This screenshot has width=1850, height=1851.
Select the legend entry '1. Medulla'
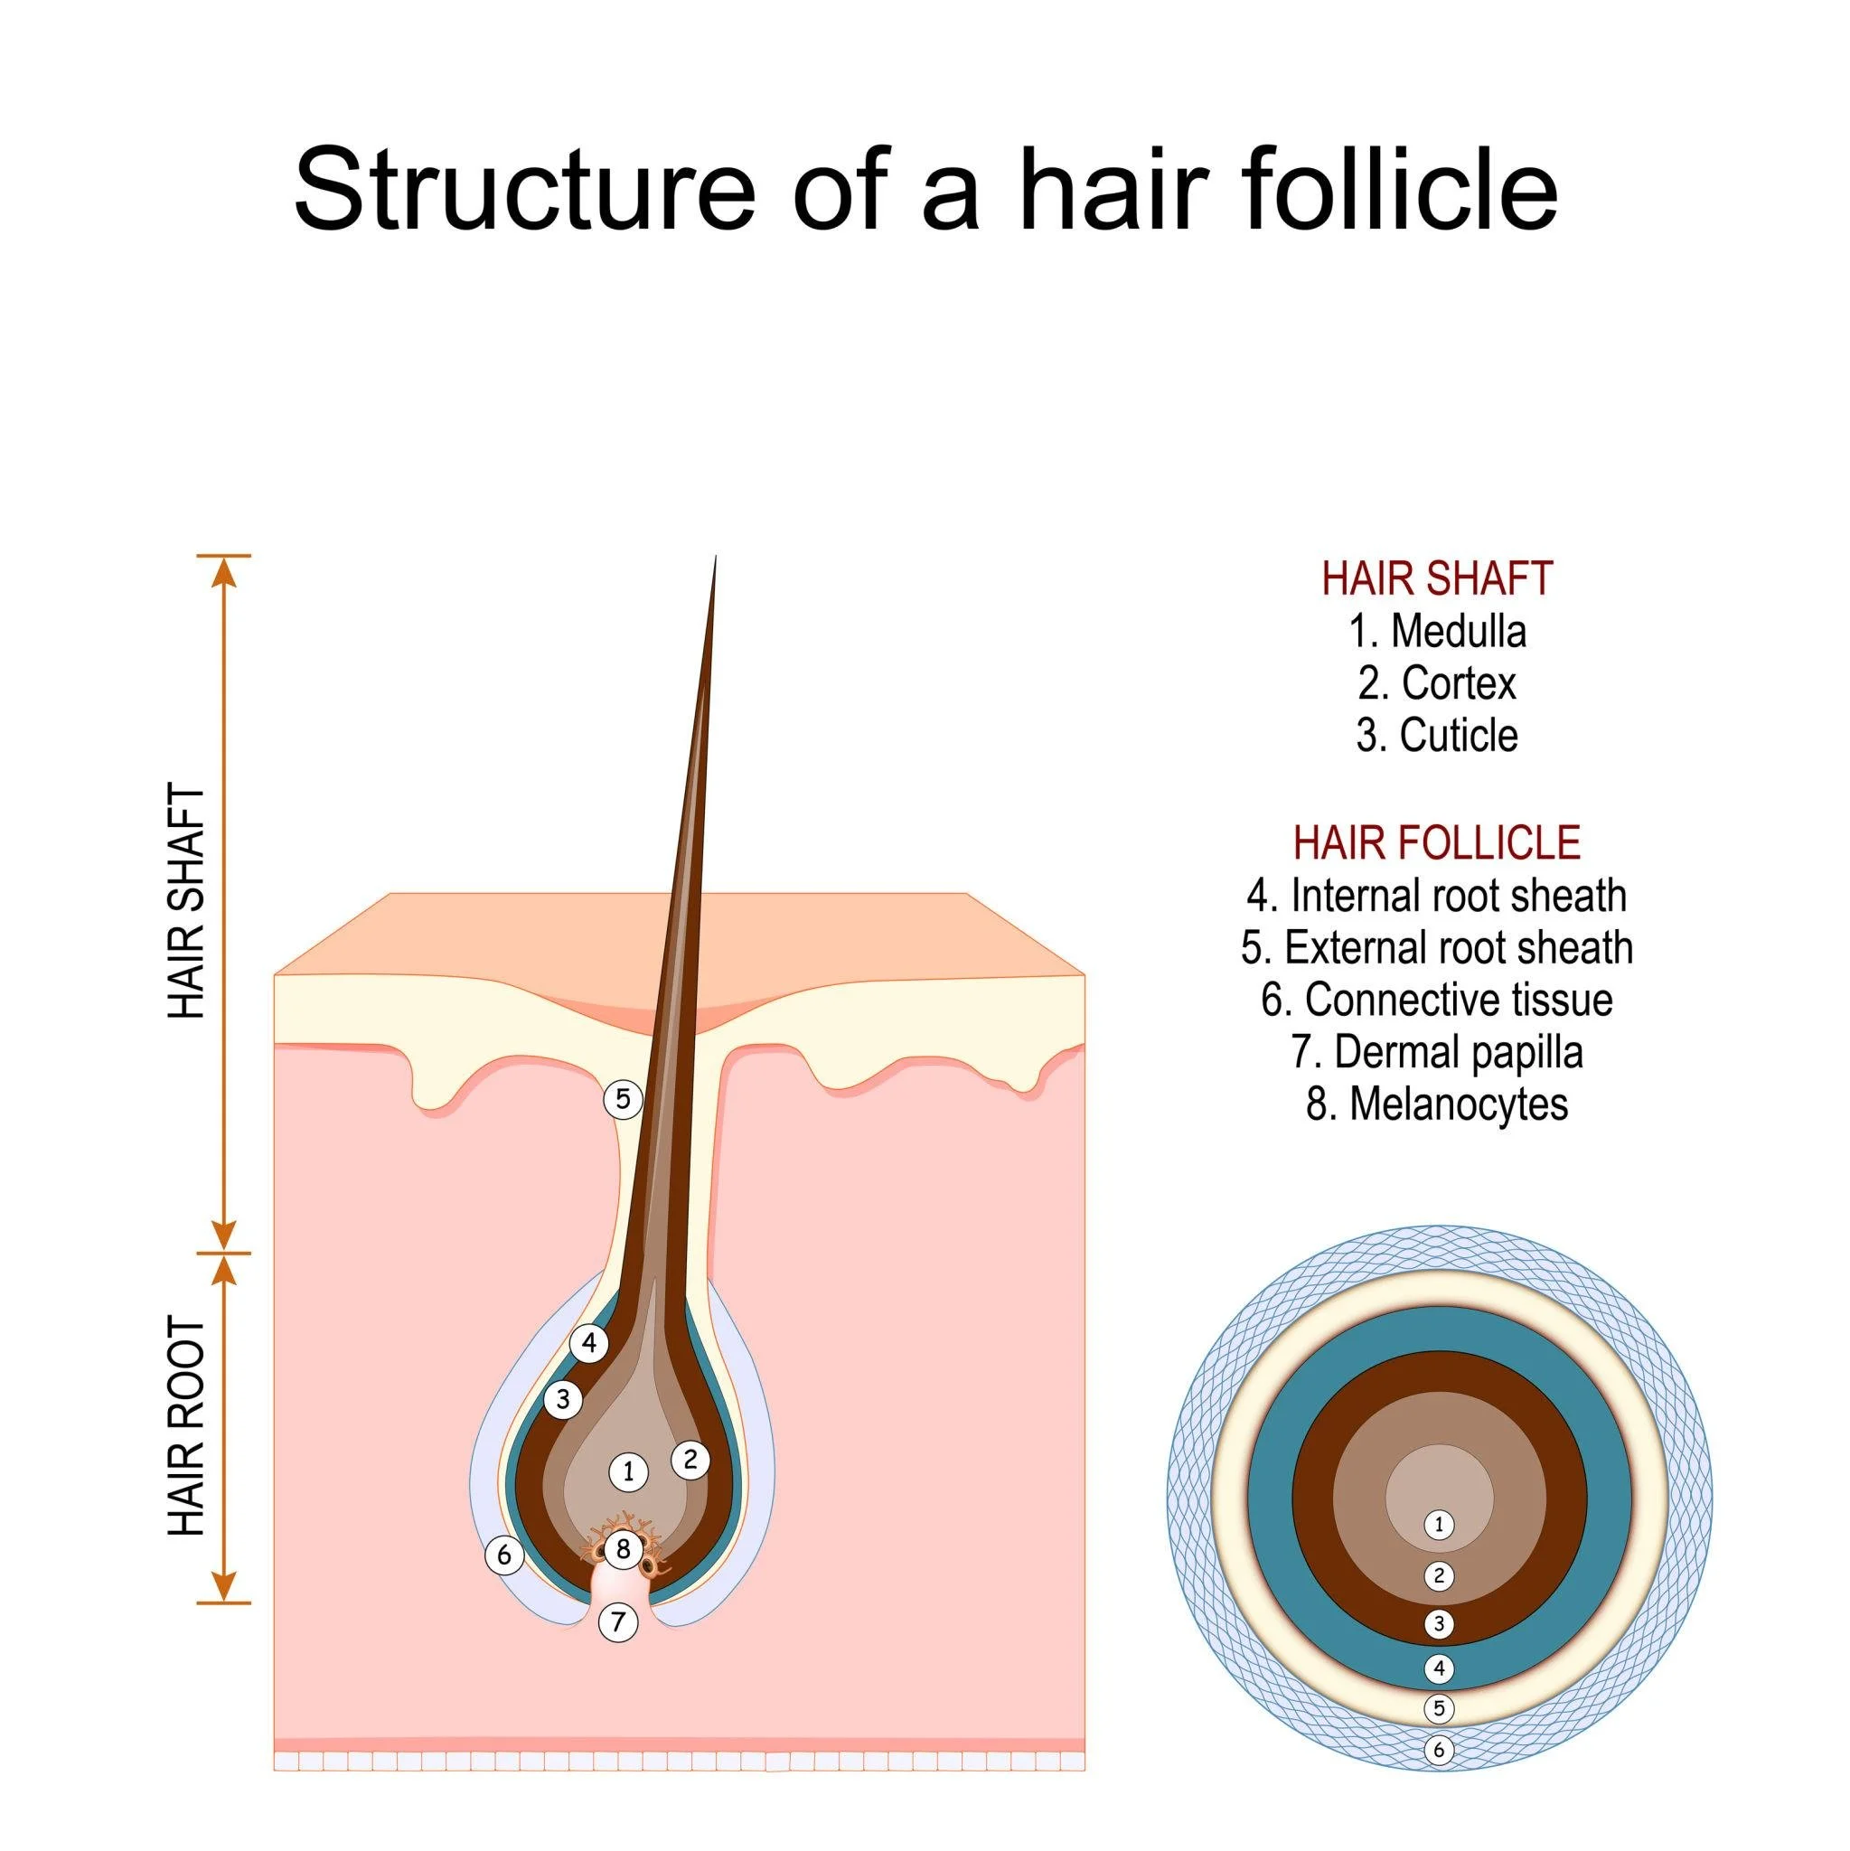click(x=1437, y=632)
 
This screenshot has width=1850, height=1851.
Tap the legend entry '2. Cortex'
click(x=1437, y=684)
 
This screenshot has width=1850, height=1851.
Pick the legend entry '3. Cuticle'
click(x=1437, y=736)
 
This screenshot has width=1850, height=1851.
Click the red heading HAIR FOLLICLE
click(x=1436, y=843)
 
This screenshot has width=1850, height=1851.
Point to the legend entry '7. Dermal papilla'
click(x=1437, y=1052)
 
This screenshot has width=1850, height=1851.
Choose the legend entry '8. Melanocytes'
click(x=1437, y=1104)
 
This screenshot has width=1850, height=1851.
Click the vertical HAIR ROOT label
click(x=187, y=1427)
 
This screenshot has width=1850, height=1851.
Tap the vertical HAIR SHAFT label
click(x=187, y=901)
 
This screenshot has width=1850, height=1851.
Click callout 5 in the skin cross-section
click(x=623, y=1099)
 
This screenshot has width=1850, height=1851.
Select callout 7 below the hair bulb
click(x=618, y=1622)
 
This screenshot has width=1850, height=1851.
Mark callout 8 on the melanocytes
click(x=623, y=1548)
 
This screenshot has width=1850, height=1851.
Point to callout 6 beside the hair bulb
click(x=504, y=1555)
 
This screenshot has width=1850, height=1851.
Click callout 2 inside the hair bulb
click(x=690, y=1461)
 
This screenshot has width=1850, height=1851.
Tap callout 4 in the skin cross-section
click(x=588, y=1344)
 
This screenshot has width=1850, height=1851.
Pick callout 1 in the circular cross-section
click(x=1438, y=1525)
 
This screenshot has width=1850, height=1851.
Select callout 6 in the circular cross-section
click(x=1438, y=1751)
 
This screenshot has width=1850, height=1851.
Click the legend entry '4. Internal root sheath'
click(x=1436, y=896)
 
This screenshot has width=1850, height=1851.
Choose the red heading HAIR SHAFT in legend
click(x=1436, y=578)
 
